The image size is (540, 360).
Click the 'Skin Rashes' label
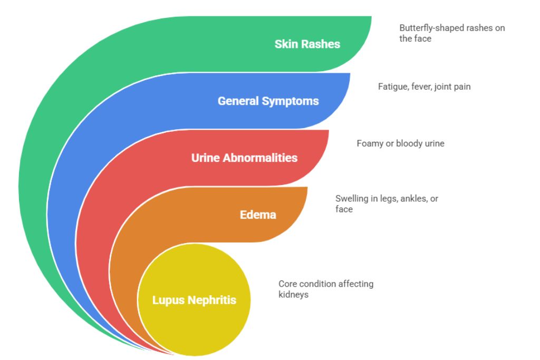tap(307, 44)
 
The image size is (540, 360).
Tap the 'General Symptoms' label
tap(268, 101)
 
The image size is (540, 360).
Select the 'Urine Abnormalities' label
tap(244, 158)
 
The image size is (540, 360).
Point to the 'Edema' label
tap(258, 215)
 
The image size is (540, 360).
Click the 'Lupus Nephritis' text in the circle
tap(194, 300)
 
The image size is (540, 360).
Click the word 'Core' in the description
tap(288, 284)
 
